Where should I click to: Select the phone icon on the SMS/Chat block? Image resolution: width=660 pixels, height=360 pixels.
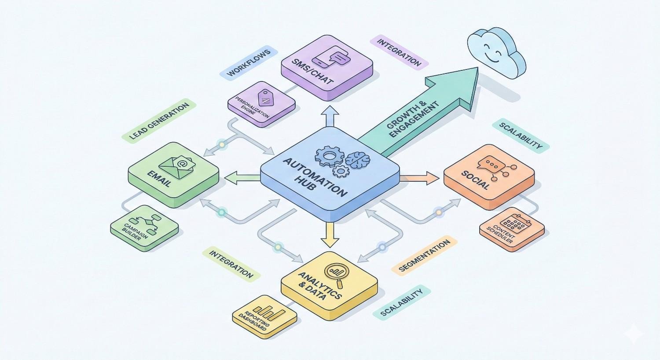[323, 62]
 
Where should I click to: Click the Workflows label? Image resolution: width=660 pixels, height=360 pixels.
[248, 64]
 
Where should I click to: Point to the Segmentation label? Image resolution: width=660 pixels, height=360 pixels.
[424, 255]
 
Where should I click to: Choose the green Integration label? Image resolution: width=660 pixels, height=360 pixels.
[231, 264]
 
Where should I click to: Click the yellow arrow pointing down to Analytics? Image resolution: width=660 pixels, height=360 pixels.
[330, 236]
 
